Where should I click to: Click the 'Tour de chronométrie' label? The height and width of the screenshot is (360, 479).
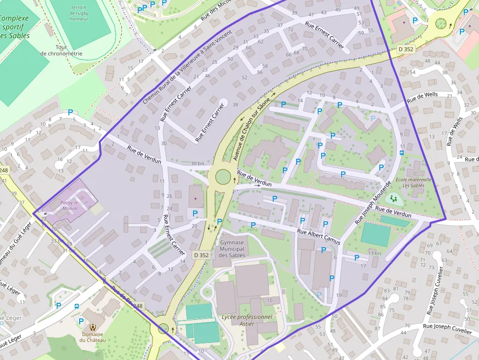tap(61, 50)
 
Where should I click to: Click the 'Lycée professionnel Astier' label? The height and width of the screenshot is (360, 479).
tap(247, 320)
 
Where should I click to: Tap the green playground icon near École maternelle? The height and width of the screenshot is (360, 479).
tap(393, 198)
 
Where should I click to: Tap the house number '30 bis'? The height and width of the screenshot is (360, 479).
tap(197, 164)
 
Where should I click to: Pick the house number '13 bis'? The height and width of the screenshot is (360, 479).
tap(374, 253)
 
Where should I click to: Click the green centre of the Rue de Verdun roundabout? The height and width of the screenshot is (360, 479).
tap(223, 176)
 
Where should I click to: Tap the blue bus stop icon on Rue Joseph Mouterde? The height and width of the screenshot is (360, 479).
tap(402, 152)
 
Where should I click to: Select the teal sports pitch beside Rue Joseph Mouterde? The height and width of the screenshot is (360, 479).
tap(375, 235)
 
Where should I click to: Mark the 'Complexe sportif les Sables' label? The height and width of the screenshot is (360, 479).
tap(14, 27)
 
